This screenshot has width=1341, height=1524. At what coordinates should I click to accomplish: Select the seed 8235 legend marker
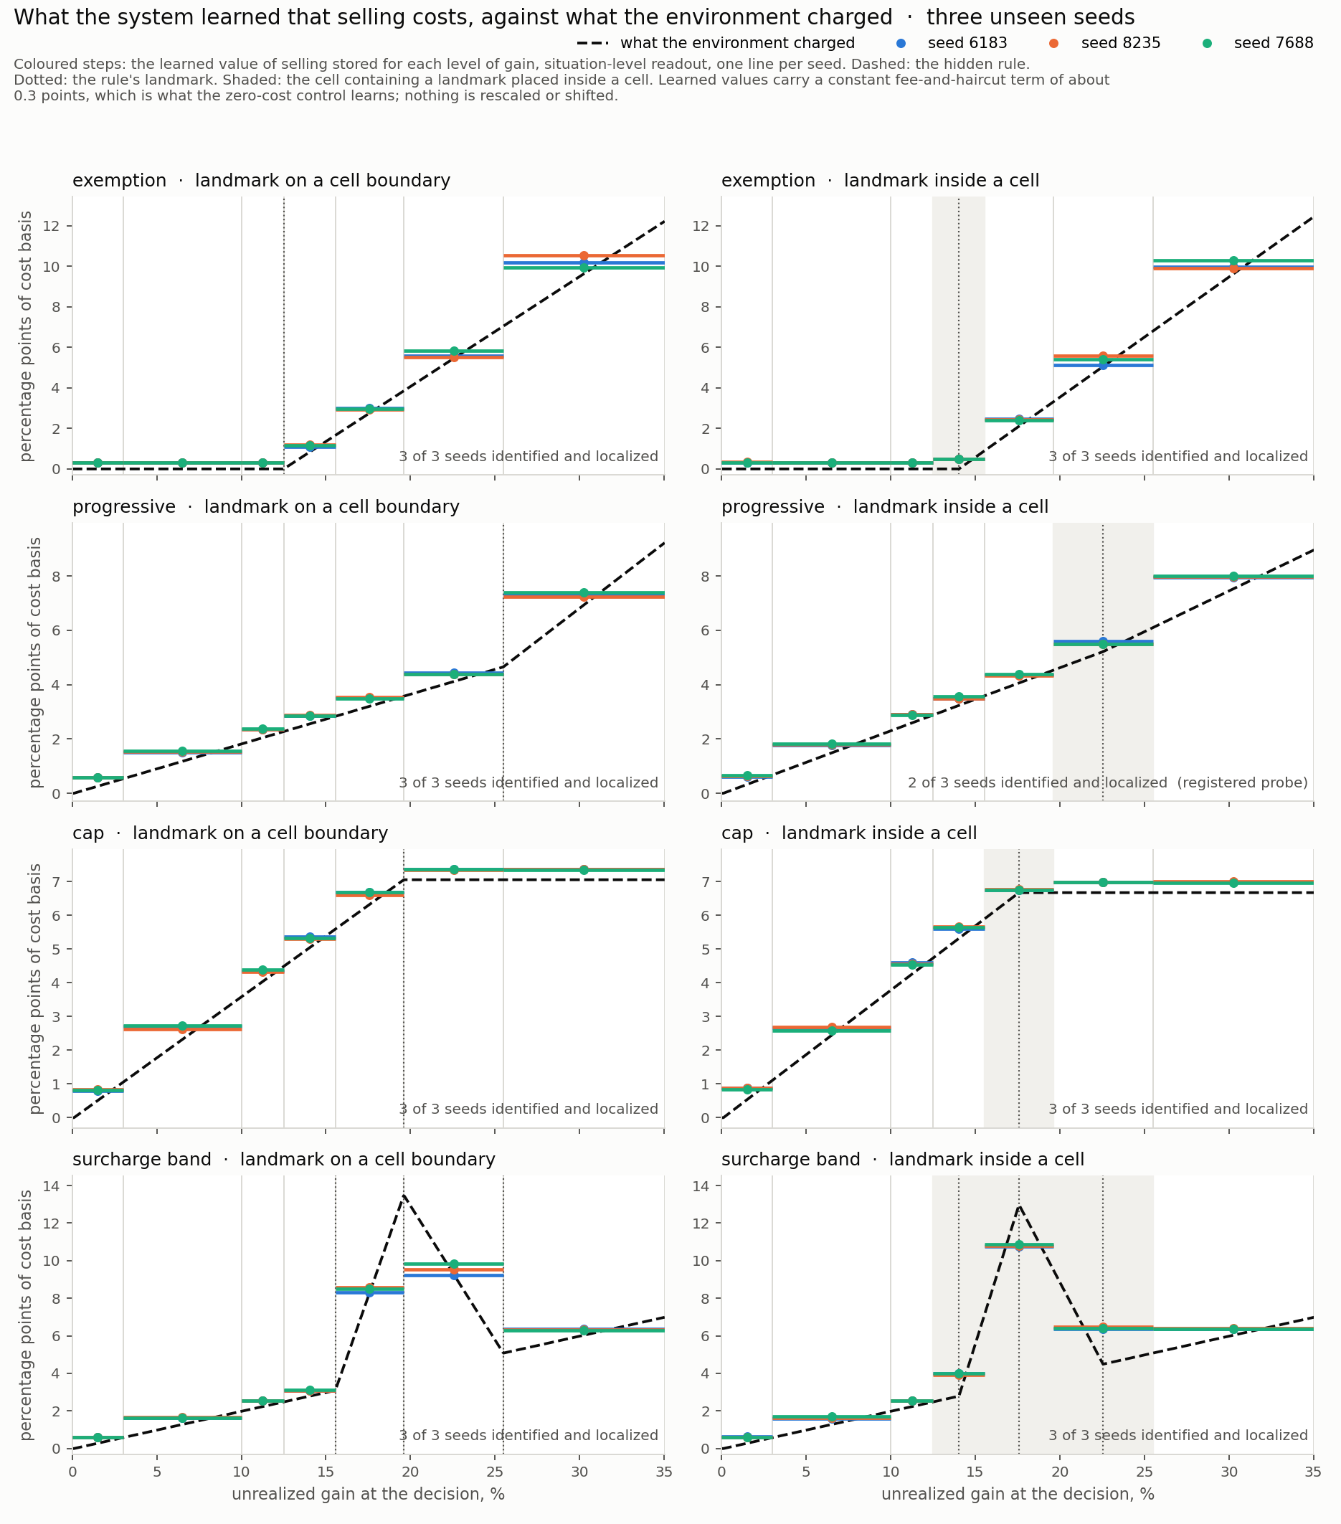coord(1054,43)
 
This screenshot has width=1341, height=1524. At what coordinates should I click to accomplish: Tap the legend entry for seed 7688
coord(1259,43)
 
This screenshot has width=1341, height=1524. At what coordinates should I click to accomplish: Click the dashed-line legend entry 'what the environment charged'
coord(716,43)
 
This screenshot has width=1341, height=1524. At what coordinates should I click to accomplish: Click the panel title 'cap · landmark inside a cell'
coord(849,833)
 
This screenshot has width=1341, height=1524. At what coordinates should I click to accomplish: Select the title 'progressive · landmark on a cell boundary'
coord(266,507)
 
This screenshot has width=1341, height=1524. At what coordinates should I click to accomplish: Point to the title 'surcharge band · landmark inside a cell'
coord(903,1160)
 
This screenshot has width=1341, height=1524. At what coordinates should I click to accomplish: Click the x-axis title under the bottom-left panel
coord(368,1494)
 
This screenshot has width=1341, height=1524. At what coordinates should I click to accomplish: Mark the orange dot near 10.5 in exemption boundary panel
coord(584,256)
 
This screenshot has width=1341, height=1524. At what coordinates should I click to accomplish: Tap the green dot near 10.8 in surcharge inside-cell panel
coord(1019,1245)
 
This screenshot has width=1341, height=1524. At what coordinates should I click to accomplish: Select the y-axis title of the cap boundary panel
coord(35,989)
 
